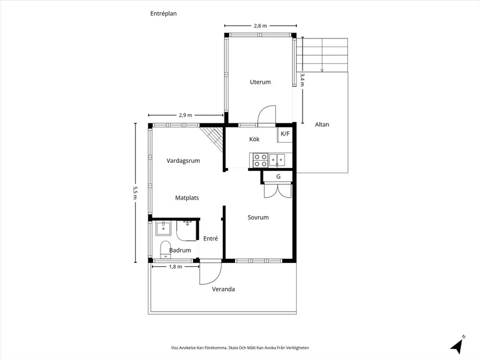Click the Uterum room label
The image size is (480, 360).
[260, 82]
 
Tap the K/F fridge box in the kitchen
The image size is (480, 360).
[285, 134]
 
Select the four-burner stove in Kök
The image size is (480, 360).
[260, 161]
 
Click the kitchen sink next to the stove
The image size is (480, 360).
[277, 160]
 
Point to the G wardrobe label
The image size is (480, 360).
[278, 177]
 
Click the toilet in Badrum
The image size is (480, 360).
[166, 249]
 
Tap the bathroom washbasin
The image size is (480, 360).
[163, 229]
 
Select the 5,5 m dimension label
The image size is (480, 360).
[135, 193]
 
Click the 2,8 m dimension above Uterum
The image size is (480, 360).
[260, 26]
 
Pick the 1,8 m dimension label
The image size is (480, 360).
[175, 266]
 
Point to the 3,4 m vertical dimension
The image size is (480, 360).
[303, 80]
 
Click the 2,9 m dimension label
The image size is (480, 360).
[186, 115]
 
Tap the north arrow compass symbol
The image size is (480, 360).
[458, 345]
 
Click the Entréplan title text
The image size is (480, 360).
[163, 13]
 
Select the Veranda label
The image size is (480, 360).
[223, 289]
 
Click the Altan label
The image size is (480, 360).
[322, 124]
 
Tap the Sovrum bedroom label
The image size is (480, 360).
[258, 218]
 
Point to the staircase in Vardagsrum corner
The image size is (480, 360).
[212, 138]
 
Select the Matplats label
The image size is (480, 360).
[187, 198]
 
